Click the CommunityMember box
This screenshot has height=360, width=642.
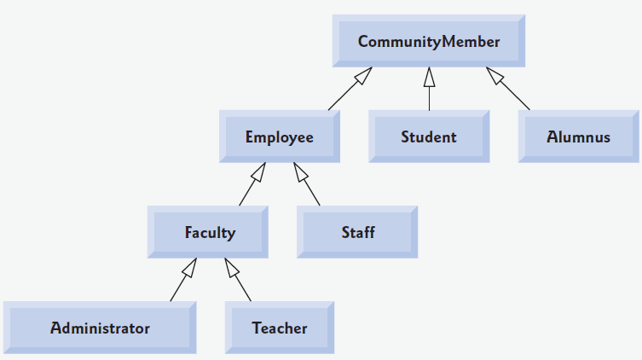coord(429,42)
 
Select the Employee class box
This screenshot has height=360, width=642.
coord(279,136)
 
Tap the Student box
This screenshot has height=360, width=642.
coord(429,136)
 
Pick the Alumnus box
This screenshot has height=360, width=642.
coord(578,136)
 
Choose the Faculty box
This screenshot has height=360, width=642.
coord(210,232)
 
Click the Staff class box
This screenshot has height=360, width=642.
coord(357,232)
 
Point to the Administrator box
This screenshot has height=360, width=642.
coord(100,328)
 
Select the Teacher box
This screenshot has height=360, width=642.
coord(280,328)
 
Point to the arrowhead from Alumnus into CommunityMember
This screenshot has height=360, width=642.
coord(494,75)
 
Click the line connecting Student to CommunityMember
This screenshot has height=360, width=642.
coord(430,98)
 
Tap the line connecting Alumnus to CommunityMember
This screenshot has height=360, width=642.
coord(515,97)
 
